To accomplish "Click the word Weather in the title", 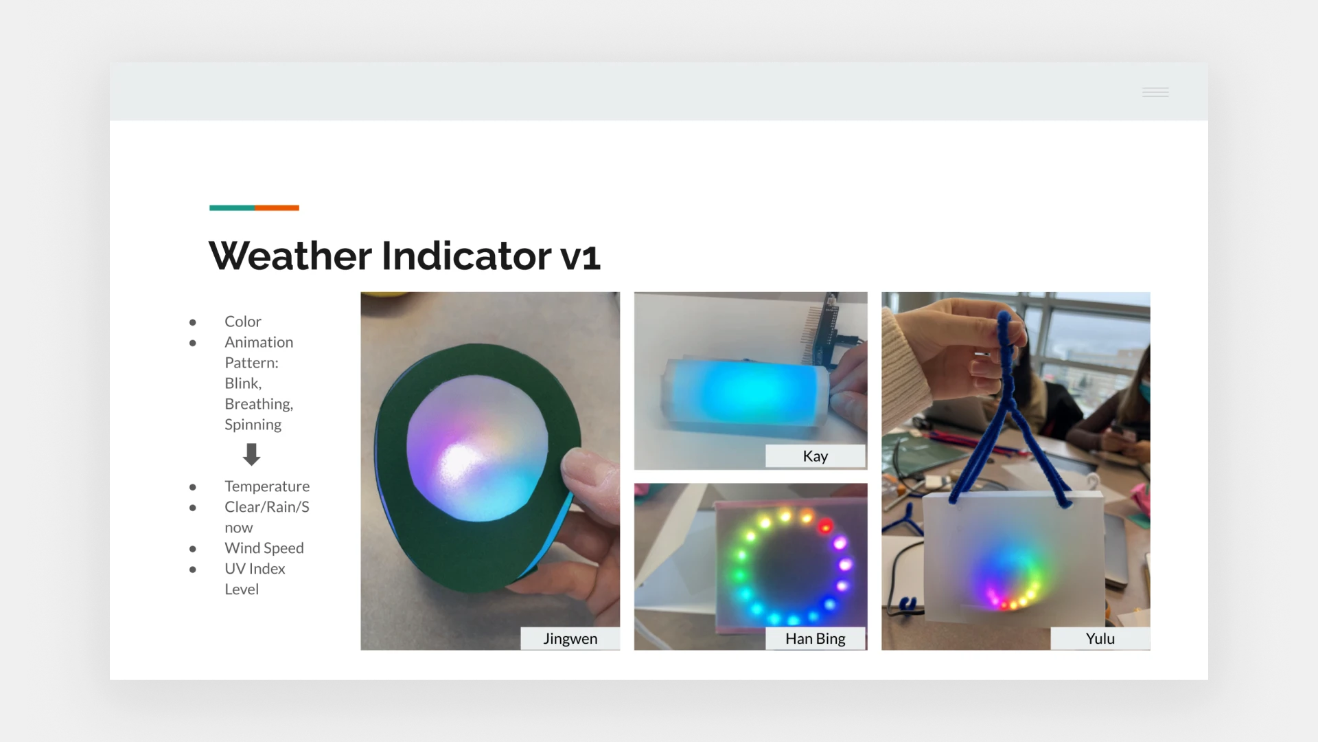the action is pos(291,256).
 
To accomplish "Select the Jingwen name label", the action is pos(570,639).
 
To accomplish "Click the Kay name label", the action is pos(816,456).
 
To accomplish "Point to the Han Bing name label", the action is pos(816,639).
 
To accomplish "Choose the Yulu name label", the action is pos(1100,639).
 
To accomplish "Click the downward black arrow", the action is pos(252,454).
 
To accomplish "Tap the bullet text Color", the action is pos(243,322).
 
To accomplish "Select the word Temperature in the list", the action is pos(267,486).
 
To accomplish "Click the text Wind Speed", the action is pos(264,548).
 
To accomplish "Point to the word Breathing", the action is pos(259,405).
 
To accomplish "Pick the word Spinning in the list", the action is pos(253,425).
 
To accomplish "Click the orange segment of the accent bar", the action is pos(277,207).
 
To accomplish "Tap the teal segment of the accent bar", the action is pos(232,207).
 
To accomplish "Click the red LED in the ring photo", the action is pos(825,527).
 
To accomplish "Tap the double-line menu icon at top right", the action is pos(1155,92).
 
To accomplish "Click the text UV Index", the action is pos(255,569).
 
